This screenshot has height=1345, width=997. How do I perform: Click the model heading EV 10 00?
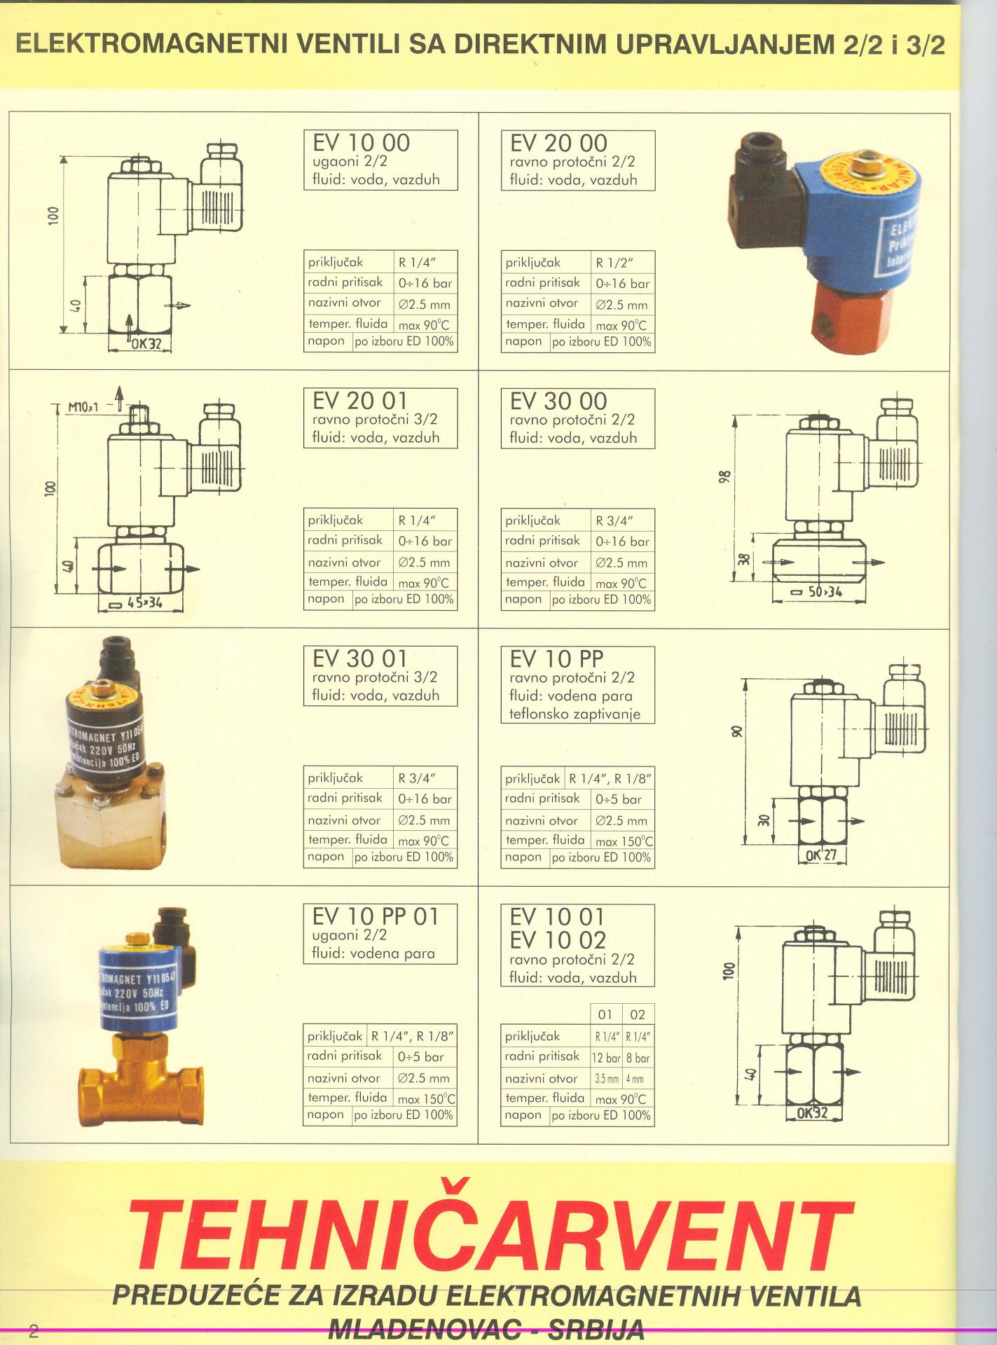(362, 143)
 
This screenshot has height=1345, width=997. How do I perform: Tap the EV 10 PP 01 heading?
(376, 916)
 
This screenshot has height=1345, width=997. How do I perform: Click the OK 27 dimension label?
(822, 855)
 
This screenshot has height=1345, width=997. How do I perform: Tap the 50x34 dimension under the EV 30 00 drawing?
(825, 592)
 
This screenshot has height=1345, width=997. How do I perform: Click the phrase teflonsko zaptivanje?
(575, 715)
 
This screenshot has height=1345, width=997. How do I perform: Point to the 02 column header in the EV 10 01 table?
(638, 1014)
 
